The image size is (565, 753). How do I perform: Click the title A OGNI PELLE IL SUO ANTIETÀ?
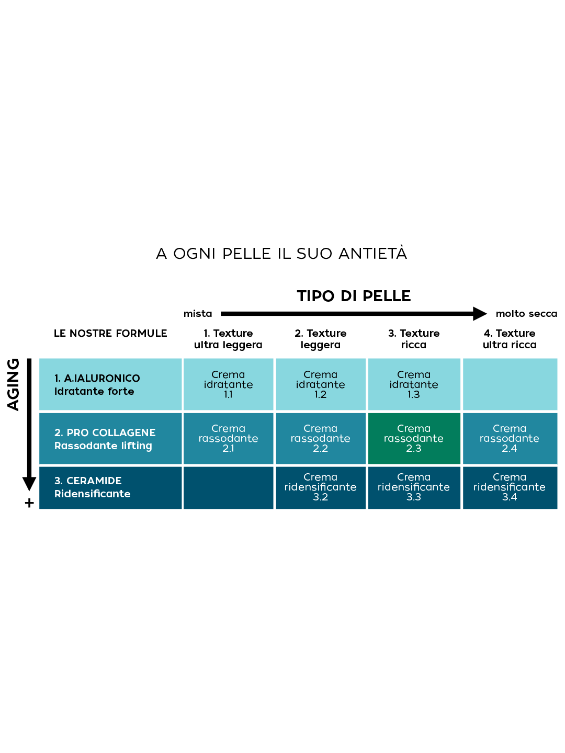(281, 254)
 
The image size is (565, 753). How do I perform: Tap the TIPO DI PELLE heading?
(354, 296)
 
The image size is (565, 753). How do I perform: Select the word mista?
(198, 314)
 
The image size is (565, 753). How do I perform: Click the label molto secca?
(526, 314)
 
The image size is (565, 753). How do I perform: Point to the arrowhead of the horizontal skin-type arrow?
(479, 314)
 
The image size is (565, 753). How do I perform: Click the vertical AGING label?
(13, 384)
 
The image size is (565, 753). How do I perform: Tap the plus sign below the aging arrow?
(29, 503)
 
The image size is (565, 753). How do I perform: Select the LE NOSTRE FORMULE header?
(110, 334)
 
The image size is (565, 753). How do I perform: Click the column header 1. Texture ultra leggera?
(228, 339)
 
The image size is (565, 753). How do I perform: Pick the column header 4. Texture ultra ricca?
(510, 339)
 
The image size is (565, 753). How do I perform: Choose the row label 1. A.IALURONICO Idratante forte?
(97, 385)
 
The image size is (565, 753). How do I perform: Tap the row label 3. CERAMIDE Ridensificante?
(93, 487)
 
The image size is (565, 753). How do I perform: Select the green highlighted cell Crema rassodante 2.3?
(414, 438)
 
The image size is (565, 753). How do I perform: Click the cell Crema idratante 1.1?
(228, 384)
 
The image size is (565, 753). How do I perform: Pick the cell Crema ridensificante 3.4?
(510, 487)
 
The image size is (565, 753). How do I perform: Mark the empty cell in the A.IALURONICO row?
(510, 384)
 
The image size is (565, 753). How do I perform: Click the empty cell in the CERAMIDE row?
(228, 487)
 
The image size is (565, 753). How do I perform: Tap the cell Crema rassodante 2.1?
(228, 438)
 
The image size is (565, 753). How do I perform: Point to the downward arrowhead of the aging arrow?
(29, 484)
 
